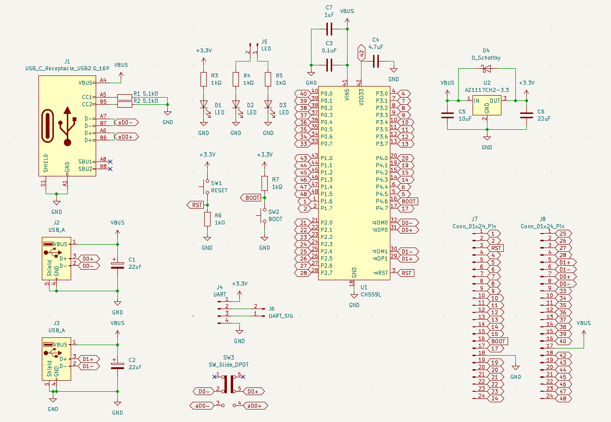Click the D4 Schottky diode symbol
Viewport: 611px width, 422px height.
(x=486, y=68)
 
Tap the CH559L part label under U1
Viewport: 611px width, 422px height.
(x=370, y=295)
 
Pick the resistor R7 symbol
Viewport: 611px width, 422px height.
(x=264, y=183)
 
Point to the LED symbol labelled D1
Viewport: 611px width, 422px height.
(x=203, y=104)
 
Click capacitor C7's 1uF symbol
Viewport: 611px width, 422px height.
(x=329, y=30)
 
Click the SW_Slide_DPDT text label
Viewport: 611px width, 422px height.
(x=228, y=365)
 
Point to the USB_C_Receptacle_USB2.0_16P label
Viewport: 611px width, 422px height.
(x=67, y=68)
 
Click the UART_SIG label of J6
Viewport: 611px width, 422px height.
(x=281, y=316)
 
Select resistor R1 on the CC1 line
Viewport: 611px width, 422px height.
(x=125, y=97)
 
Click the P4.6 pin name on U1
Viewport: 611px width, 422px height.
(x=382, y=201)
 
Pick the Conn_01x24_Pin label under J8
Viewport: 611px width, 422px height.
(x=542, y=226)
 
